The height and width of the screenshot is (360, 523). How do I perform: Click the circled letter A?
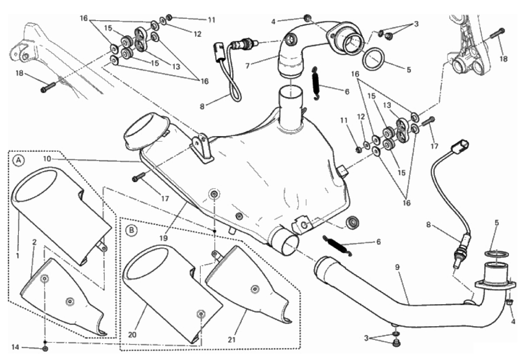[18, 161]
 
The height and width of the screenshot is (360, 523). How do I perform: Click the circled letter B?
[131, 229]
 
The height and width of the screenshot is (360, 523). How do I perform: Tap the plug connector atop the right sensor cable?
[461, 144]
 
